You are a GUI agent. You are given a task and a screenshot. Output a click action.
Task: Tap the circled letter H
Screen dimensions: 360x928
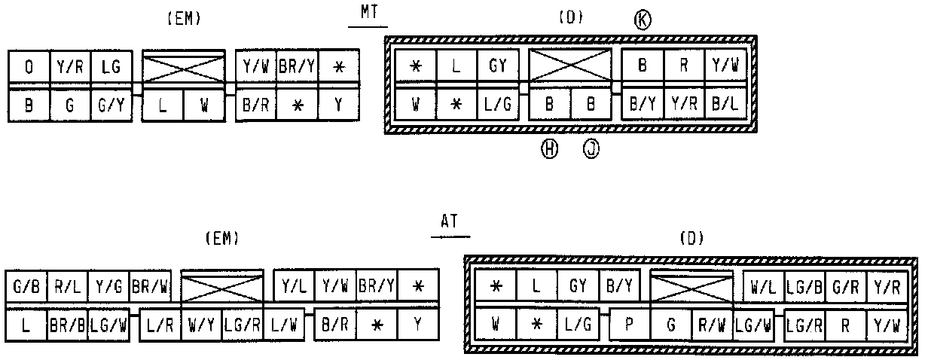549,150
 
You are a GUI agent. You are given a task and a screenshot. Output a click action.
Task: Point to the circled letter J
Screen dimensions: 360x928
591,150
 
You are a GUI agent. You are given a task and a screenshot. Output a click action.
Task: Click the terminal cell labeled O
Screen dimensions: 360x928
29,67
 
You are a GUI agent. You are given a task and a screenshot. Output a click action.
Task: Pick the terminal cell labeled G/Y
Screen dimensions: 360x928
110,107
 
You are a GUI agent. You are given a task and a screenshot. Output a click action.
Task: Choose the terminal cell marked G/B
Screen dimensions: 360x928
25,287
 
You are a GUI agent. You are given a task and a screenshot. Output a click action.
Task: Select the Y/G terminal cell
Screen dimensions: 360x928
108,287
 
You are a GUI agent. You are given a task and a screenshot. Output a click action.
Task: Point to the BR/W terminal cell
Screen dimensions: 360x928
150,287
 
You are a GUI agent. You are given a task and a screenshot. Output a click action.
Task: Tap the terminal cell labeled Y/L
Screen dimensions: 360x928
293,287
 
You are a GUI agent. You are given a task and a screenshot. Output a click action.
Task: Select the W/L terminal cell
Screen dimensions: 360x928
764,287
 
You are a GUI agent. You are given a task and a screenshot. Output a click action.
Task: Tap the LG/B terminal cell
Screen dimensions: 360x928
804,287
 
